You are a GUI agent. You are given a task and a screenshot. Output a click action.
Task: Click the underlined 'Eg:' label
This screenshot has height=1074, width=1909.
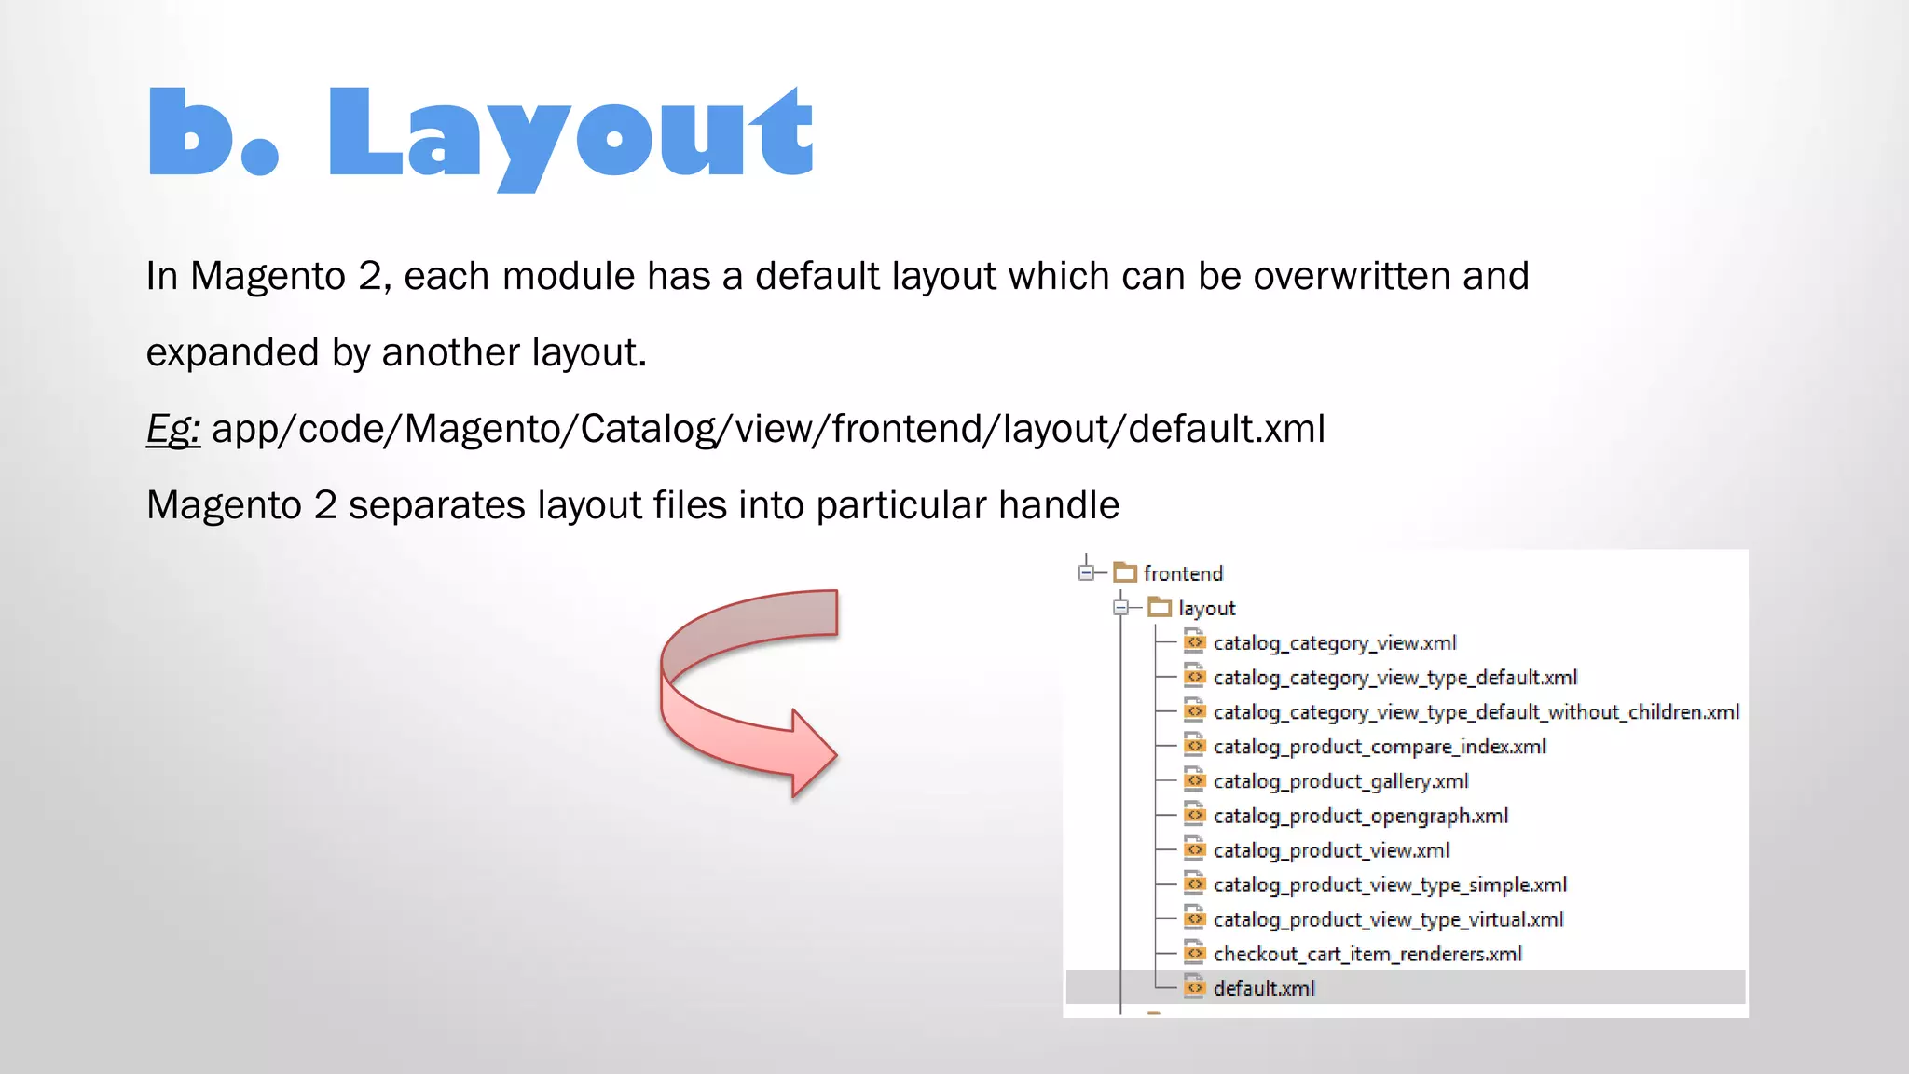[x=172, y=430]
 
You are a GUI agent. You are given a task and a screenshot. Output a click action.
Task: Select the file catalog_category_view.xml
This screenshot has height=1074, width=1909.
[x=1334, y=643]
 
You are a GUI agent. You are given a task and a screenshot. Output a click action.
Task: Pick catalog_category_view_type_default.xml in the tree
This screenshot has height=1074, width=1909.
[x=1394, y=678]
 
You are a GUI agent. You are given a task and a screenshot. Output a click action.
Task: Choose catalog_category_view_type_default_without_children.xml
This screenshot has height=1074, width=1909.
[x=1476, y=712]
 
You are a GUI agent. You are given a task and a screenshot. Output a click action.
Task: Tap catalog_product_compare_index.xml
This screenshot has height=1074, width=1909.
[x=1379, y=747]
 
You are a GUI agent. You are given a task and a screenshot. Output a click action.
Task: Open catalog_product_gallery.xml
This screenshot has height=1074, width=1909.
[x=1340, y=781]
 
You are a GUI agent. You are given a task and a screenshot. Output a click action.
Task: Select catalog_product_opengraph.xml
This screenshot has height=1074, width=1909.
[x=1360, y=816]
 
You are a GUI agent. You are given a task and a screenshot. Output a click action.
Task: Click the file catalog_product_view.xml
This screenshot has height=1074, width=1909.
[x=1331, y=850]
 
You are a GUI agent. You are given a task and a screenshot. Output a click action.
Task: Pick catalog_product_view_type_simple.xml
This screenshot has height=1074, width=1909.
[x=1389, y=885]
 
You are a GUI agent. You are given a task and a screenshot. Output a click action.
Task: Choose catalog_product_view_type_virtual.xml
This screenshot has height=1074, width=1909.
[x=1388, y=919]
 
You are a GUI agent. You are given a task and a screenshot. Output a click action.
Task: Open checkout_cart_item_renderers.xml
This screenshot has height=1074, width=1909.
[x=1367, y=954]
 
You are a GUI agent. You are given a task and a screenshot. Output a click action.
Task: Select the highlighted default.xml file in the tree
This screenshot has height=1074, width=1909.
[x=1264, y=988]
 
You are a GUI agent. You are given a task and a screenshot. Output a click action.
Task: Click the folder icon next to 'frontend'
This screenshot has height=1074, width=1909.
[x=1125, y=572]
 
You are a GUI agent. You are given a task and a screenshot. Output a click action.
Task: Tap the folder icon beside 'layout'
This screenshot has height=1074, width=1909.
[x=1160, y=608]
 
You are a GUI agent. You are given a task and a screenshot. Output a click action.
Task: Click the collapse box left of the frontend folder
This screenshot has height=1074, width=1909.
[x=1086, y=572]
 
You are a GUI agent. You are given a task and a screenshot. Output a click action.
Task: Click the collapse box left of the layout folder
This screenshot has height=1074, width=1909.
[x=1120, y=608]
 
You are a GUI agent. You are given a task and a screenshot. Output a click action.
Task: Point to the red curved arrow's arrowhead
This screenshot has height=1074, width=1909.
[x=812, y=753]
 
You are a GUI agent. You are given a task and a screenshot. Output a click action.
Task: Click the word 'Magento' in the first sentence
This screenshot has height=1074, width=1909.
[x=268, y=277]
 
